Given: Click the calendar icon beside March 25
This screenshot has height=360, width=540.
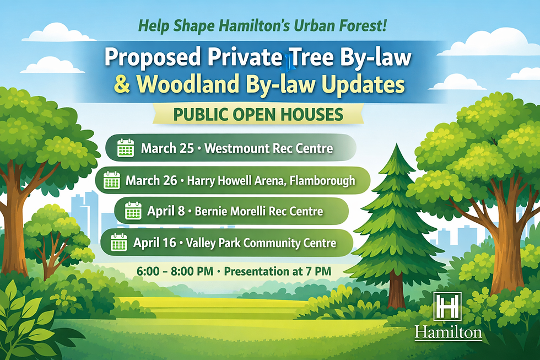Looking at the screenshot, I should pos(126,148).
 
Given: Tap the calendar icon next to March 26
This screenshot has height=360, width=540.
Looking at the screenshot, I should pos(112,180).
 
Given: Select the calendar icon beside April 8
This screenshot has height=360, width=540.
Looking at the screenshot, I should pos(133,211).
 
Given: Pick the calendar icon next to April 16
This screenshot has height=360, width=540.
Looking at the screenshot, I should pos(119,242).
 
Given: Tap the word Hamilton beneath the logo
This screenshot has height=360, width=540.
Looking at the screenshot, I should pos(448,332).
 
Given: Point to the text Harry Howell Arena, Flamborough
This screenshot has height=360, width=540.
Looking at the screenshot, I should pos(271,180).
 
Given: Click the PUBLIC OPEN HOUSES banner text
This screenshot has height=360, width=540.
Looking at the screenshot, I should pos(258,114).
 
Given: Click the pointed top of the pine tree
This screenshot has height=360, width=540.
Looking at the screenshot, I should pos(397,147).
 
